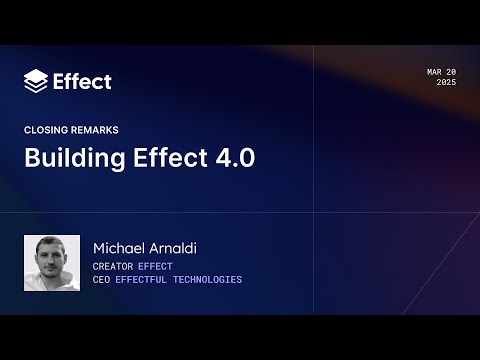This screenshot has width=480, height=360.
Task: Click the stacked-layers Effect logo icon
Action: coord(36,81)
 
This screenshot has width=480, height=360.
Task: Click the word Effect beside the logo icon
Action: coord(82,81)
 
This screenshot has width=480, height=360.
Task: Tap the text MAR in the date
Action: coord(434,73)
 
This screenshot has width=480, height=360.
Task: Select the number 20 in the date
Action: coord(451,73)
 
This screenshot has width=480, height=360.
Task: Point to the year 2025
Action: coord(446,83)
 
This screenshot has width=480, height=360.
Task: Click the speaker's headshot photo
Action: coord(52,263)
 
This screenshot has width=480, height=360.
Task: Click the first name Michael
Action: coord(120,248)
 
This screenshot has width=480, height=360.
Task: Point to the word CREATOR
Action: coord(113,266)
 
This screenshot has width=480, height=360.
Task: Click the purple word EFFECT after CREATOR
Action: coord(155,266)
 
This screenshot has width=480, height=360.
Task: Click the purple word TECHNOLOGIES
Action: coord(209,280)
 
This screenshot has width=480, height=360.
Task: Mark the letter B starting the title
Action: coord(31,159)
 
